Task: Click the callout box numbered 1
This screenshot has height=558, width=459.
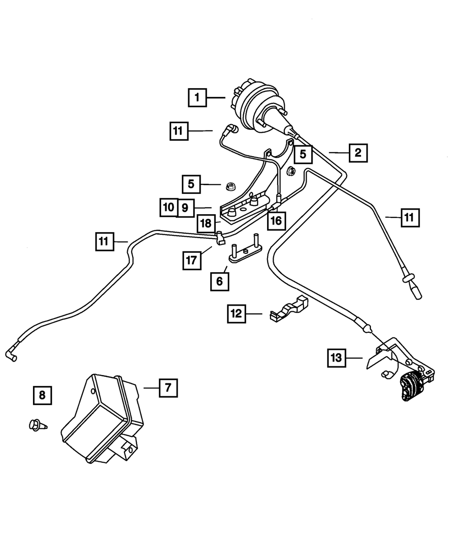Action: (197, 97)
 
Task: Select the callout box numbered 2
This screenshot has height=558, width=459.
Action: (358, 152)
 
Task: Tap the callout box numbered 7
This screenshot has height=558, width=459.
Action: (168, 387)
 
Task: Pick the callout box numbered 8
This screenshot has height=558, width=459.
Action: (42, 395)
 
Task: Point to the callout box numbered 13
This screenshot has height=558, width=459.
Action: (337, 358)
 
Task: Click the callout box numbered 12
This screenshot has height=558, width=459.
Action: (236, 314)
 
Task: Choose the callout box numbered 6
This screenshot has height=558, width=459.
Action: (219, 281)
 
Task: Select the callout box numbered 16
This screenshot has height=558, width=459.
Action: (275, 221)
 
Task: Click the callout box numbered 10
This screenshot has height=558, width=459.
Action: (168, 207)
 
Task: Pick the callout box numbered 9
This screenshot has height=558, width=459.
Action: (185, 208)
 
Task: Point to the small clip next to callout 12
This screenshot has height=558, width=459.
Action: (288, 309)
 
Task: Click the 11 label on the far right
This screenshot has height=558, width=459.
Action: (409, 217)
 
